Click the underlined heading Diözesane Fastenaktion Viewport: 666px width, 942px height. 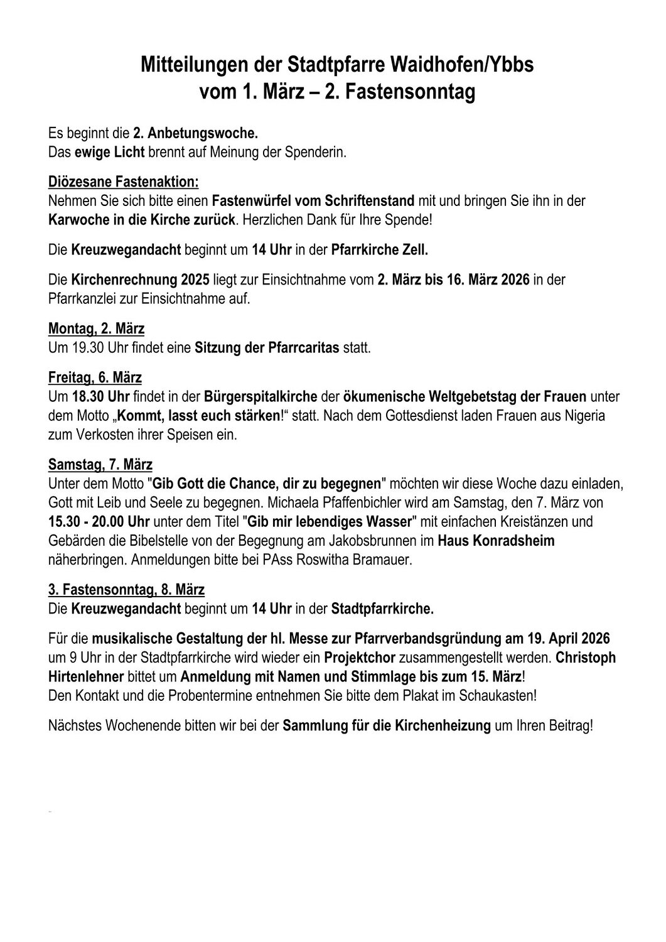[x=123, y=183]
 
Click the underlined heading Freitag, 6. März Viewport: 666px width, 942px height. [x=95, y=377]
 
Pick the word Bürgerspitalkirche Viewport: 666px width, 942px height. [x=260, y=397]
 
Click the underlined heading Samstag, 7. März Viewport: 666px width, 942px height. [x=100, y=465]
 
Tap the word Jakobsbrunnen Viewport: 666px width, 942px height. [x=389, y=541]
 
